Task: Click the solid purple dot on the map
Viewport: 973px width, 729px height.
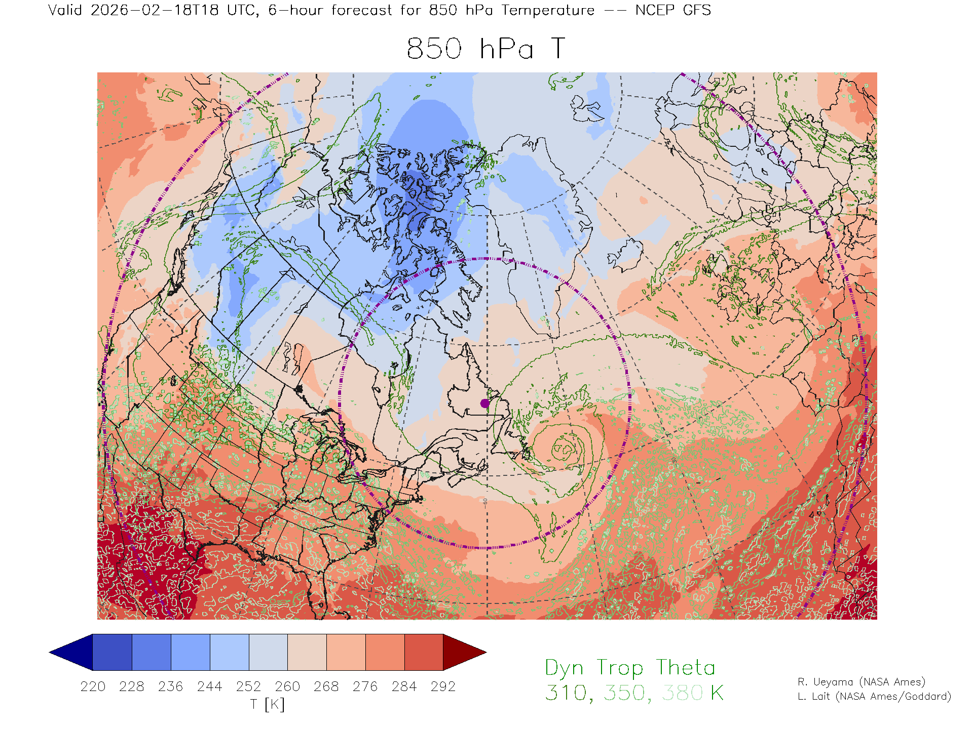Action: click(x=485, y=403)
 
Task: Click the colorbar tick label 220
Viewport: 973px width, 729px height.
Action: click(x=93, y=686)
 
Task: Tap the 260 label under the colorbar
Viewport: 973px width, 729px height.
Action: click(x=287, y=686)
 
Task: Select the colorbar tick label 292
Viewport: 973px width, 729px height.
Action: click(x=443, y=686)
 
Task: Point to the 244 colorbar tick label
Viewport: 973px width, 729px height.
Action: click(x=210, y=686)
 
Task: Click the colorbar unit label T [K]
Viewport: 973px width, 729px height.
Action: click(x=268, y=704)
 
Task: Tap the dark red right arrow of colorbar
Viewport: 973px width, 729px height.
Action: click(x=464, y=652)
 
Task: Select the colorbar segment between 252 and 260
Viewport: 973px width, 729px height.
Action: click(x=268, y=652)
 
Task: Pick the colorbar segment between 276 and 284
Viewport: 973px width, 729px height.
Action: click(x=385, y=652)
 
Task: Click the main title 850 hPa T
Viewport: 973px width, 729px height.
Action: click(x=485, y=49)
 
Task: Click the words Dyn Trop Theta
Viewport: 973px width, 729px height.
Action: click(x=630, y=668)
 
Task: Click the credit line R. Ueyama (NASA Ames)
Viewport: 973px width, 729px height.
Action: click(x=861, y=682)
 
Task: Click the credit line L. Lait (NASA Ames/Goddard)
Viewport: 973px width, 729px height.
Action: click(x=874, y=697)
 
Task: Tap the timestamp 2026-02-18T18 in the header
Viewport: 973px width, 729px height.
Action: click(x=155, y=10)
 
